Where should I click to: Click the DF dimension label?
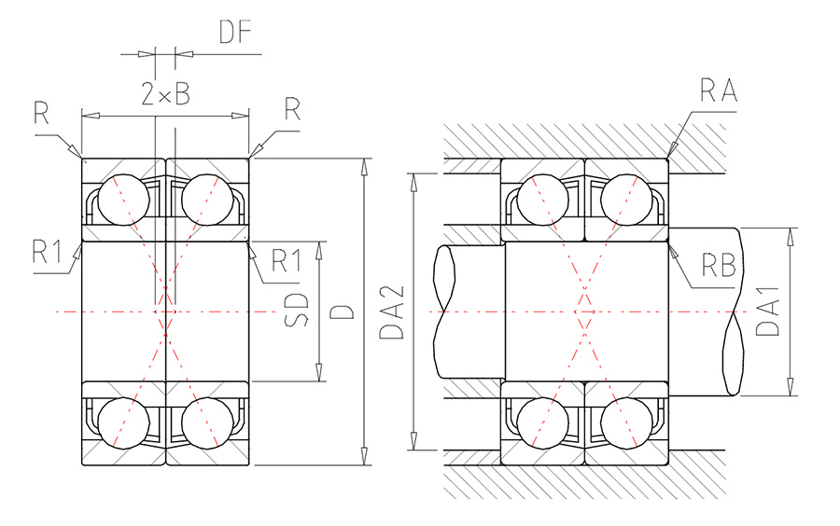(x=235, y=32)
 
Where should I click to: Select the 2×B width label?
(x=165, y=93)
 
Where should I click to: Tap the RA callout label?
(x=719, y=90)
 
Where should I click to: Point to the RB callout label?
(x=719, y=265)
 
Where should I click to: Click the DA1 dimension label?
(x=767, y=311)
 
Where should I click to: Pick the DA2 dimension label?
(x=392, y=312)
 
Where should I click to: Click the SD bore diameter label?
(x=297, y=310)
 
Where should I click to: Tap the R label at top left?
(x=41, y=112)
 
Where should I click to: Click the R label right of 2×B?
(x=292, y=109)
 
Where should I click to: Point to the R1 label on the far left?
(x=48, y=252)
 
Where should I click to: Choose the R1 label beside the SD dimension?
(x=287, y=260)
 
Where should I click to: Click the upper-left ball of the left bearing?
(x=124, y=200)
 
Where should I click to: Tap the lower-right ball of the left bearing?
(x=208, y=422)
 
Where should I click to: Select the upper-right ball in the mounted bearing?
(x=627, y=200)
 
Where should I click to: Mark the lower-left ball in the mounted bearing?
(x=542, y=422)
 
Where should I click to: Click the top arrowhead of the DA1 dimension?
(x=791, y=237)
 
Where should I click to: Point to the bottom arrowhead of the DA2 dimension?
(x=413, y=441)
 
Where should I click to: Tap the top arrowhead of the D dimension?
(x=364, y=168)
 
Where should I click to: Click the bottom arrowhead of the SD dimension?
(x=319, y=372)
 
